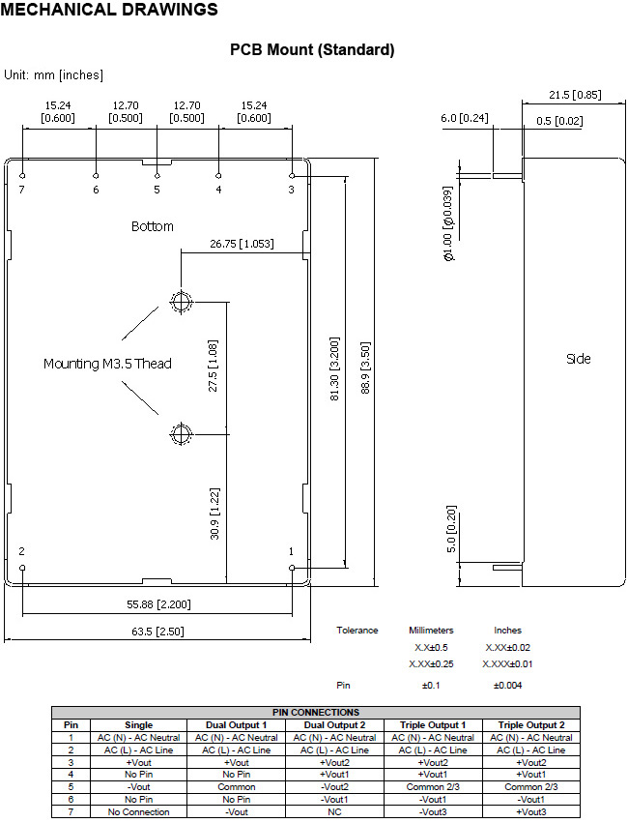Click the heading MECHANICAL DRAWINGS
coord(109,9)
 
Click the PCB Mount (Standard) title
coord(312,50)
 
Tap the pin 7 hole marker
coord(22,176)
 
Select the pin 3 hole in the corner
coord(292,176)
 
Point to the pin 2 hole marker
coord(22,568)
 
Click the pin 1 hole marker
coord(292,568)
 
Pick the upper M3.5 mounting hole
coord(182,302)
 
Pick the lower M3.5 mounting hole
coord(182,434)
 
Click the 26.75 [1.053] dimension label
coord(242,244)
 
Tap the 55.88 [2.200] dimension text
coord(158,604)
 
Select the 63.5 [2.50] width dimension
coord(157,632)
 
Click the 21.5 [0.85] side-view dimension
coord(575,95)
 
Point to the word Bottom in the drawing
coord(152,226)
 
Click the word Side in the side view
coord(578,359)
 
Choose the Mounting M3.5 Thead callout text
coord(107,364)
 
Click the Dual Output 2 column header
coord(334,725)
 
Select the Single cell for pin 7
coord(138,812)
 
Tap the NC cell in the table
coord(334,812)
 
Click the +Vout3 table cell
coord(531,812)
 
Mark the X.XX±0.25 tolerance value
coord(431,664)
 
